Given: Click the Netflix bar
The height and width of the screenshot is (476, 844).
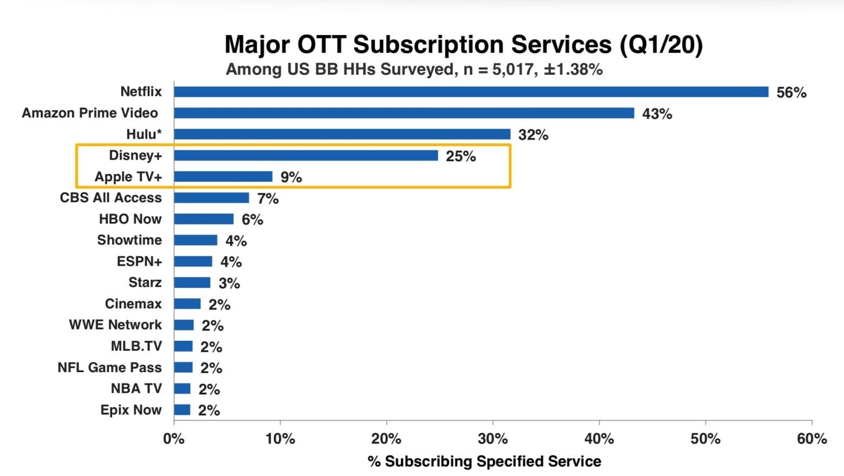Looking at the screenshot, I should (x=471, y=92).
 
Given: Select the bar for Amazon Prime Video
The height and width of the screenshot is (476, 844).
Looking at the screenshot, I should (x=404, y=113).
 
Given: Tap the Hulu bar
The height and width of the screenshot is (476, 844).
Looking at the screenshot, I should (x=342, y=134).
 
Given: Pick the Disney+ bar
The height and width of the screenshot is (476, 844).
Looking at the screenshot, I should (x=306, y=156).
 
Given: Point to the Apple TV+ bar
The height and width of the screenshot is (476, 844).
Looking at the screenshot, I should (x=223, y=177).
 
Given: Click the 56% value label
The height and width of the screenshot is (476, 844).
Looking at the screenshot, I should (x=791, y=92).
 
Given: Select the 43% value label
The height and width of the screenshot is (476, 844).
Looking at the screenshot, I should (x=657, y=114).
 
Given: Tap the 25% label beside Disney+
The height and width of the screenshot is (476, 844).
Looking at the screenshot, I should (x=460, y=156).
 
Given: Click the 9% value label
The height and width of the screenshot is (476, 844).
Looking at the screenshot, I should (x=291, y=177).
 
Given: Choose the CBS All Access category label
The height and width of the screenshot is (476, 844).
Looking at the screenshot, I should (x=110, y=198).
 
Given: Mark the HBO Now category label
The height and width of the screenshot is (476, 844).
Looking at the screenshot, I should (x=130, y=219).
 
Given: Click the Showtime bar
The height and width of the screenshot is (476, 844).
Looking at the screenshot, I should (x=195, y=240).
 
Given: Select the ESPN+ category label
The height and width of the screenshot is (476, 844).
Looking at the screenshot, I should (x=139, y=261).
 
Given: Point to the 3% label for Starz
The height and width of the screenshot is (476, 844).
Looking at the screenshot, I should (x=229, y=283).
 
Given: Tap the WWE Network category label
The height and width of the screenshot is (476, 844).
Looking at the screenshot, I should (x=115, y=325).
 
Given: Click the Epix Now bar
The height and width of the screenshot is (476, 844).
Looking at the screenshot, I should (x=182, y=410).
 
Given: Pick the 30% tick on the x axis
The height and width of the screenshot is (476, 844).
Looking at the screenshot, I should (x=492, y=439).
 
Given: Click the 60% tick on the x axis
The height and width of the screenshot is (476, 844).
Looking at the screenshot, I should (x=812, y=439).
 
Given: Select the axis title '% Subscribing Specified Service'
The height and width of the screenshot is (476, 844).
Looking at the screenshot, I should (x=484, y=461).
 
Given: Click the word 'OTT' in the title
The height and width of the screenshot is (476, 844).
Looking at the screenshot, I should (x=321, y=44).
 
